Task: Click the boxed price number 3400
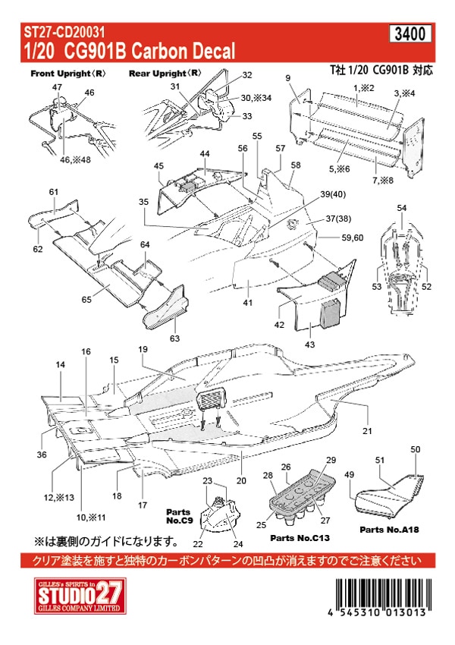coord(413,33)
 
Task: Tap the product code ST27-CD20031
coord(64,32)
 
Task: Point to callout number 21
coord(368,431)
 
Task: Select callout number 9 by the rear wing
coord(288,79)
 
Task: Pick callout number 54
coord(402,208)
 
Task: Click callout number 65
coord(87,300)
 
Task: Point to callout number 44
coord(204,154)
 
